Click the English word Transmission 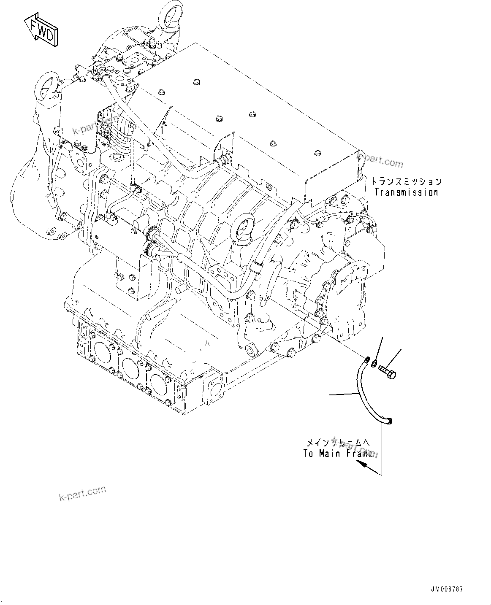(x=406, y=192)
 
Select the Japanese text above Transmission (x=406, y=182)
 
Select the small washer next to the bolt (x=374, y=363)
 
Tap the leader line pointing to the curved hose (x=344, y=394)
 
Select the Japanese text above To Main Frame (x=337, y=443)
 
